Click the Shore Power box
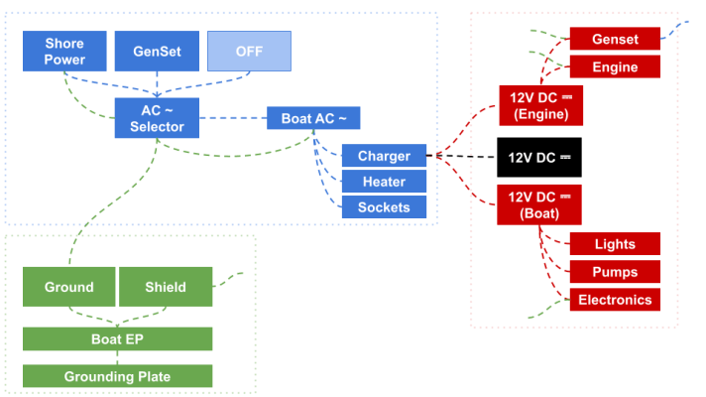64,51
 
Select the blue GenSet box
157,51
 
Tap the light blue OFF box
249,51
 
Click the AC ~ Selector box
157,118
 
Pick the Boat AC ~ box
313,118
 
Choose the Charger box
384,156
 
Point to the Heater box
384,182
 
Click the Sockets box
384,206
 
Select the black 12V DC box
539,157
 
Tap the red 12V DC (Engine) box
540,105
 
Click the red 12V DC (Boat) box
539,204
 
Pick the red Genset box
615,39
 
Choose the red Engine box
615,66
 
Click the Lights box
615,244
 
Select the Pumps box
615,272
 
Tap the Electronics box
615,300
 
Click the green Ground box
68,287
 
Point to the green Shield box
166,287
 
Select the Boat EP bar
118,338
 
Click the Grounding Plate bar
118,376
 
